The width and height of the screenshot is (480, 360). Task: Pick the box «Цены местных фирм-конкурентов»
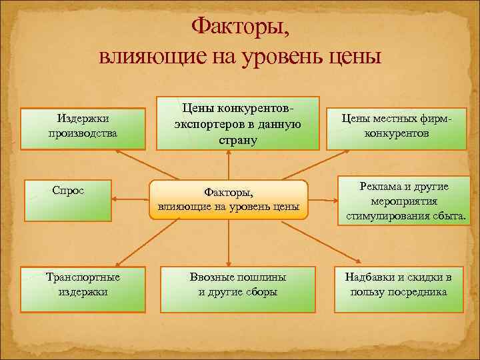coord(397,125)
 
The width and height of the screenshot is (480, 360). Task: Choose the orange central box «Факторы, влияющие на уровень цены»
coord(229,199)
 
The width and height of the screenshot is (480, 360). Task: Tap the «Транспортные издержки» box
coord(83,289)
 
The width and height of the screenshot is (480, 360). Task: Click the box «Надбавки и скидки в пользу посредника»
coord(398,289)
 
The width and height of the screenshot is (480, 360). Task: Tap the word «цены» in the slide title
coord(355,54)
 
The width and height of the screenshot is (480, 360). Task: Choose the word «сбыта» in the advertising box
coord(449,216)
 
